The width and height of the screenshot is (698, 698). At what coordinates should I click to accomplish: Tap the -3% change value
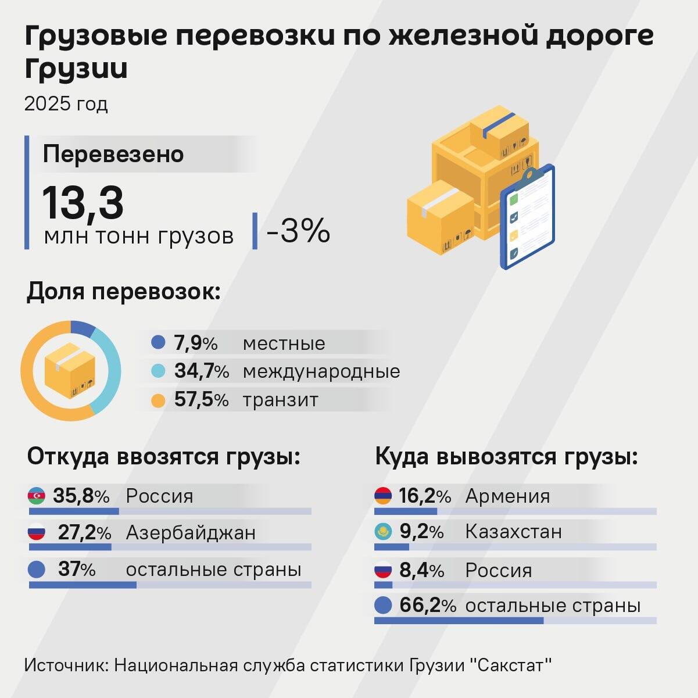coord(298,231)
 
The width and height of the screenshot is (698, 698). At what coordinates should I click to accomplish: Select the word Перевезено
coord(113,154)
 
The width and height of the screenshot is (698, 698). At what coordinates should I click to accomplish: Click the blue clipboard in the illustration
coord(528,218)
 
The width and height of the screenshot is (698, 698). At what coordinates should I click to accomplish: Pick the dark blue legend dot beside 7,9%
coord(158,342)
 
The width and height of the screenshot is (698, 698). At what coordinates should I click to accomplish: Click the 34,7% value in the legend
coord(201,371)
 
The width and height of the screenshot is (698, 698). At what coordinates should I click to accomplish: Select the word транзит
coord(280,400)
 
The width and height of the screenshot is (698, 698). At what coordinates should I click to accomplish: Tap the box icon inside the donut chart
coord(70,370)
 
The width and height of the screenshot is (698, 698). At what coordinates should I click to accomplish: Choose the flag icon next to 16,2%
coord(383,496)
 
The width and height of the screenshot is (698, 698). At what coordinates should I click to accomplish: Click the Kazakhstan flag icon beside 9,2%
coord(383,531)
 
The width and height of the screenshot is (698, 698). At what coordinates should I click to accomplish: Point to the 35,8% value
coord(81,496)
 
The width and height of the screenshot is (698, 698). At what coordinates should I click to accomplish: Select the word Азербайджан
coord(191,532)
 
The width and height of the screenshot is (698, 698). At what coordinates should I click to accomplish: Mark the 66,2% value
coord(427,606)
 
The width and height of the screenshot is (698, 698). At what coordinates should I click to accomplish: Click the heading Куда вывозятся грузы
coord(506,456)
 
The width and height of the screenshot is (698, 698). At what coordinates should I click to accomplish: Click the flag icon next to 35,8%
coord(36,496)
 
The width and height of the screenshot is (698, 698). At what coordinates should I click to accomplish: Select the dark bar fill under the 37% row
coord(83,585)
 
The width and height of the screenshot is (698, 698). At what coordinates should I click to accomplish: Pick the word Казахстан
coord(513,531)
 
